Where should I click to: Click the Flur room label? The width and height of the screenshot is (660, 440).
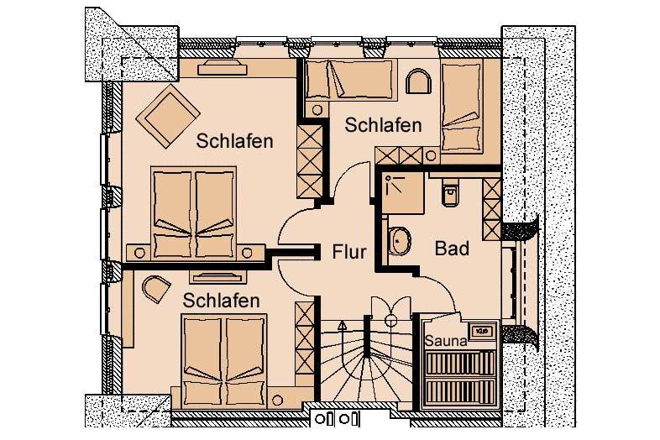tap(349, 252)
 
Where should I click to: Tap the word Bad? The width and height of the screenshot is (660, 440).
tap(452, 249)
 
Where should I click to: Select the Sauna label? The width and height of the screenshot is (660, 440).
tap(446, 341)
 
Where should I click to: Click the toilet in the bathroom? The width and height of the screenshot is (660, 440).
tap(449, 192)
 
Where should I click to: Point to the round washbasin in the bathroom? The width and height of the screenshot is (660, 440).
tap(399, 241)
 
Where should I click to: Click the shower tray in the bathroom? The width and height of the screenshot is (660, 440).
tap(405, 193)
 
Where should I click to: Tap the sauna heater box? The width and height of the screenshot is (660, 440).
tap(480, 331)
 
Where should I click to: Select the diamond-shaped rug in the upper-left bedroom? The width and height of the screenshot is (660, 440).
tap(168, 116)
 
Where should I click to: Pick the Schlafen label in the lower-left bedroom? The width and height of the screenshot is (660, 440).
tap(221, 301)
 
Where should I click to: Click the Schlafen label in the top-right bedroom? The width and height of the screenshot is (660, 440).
tap(383, 125)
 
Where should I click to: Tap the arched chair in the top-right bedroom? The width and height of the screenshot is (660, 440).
tap(418, 81)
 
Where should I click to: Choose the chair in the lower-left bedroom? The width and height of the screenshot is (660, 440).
tap(155, 289)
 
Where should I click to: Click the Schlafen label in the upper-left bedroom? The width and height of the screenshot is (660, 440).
tap(234, 140)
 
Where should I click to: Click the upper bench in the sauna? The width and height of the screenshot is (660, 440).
tap(460, 364)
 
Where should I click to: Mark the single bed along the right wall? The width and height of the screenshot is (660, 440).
tap(461, 104)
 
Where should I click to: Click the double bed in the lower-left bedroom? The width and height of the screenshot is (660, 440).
tap(223, 361)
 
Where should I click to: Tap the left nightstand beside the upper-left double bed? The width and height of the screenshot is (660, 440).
tap(139, 253)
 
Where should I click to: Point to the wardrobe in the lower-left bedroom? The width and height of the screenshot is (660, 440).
tap(304, 338)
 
